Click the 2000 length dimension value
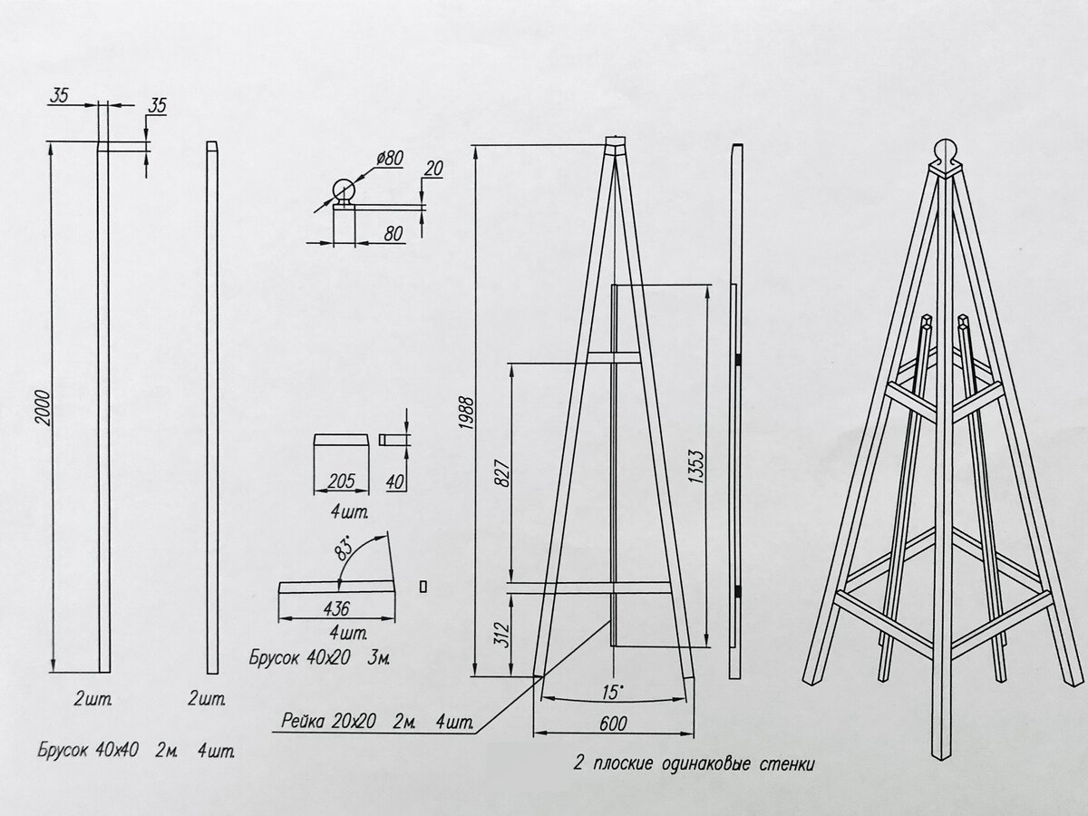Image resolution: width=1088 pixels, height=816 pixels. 44,408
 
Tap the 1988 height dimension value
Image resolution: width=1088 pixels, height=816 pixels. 467,413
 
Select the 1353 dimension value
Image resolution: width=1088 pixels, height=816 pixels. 696,467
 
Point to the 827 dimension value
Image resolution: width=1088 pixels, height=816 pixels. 502,473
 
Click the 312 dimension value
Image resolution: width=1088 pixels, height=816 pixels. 502,635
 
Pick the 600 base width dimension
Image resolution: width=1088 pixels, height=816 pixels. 613,724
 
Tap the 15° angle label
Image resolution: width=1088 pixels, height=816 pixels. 613,692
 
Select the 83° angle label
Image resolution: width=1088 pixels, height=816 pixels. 345,548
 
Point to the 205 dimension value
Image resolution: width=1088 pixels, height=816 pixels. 342,481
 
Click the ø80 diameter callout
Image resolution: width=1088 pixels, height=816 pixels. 390,159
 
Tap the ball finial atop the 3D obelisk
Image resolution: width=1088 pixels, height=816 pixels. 946,153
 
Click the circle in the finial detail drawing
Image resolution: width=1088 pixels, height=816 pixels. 344,190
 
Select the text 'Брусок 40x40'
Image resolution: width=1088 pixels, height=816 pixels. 88,750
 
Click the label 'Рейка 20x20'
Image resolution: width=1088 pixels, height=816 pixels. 328,721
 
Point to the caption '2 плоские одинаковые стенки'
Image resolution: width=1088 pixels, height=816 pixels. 694,763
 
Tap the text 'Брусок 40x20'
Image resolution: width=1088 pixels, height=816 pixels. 300,657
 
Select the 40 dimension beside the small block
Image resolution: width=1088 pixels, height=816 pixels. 394,481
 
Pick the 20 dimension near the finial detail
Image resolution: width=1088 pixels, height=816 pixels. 433,169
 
